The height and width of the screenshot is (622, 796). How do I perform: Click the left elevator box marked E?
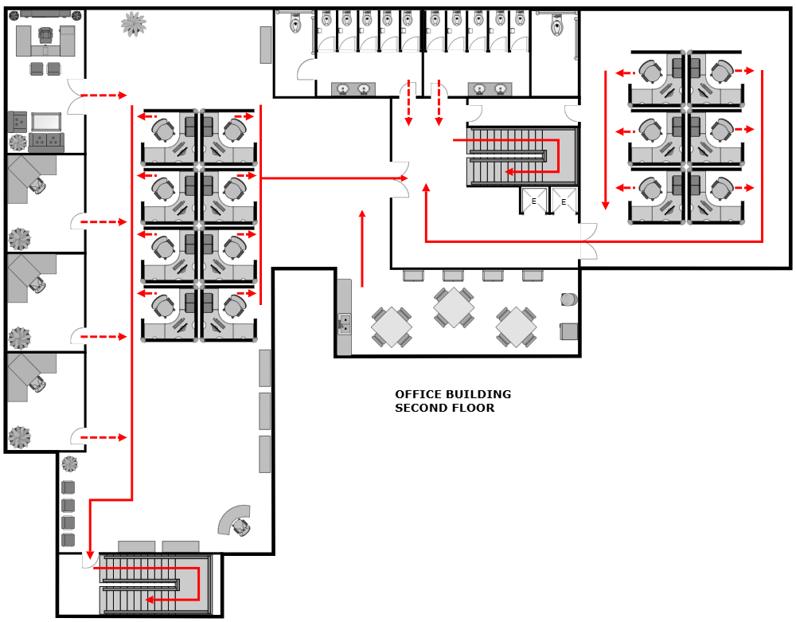[x=534, y=201]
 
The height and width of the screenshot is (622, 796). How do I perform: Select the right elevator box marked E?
[x=564, y=201]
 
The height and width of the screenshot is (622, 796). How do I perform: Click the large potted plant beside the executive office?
[x=133, y=24]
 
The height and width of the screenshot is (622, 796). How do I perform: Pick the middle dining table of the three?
[x=454, y=307]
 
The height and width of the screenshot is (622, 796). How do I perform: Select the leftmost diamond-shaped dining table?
[x=392, y=327]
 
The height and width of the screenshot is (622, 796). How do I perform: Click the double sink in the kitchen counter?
[x=345, y=323]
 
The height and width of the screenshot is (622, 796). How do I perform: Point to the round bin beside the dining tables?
[x=568, y=299]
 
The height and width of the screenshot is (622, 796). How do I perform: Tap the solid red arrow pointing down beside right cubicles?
[x=605, y=204]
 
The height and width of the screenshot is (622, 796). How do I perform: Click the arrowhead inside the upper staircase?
[x=509, y=171]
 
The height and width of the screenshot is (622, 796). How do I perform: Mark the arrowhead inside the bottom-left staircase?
[x=149, y=599]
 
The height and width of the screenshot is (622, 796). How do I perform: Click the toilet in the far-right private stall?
[x=556, y=25]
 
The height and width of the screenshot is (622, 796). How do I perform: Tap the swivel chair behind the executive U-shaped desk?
[x=45, y=34]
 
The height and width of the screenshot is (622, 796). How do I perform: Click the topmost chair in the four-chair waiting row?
[x=68, y=487]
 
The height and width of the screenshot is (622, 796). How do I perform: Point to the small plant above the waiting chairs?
[x=70, y=464]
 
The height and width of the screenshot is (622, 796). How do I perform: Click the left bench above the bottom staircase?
[x=136, y=546]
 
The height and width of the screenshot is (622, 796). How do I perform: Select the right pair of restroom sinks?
[x=490, y=89]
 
